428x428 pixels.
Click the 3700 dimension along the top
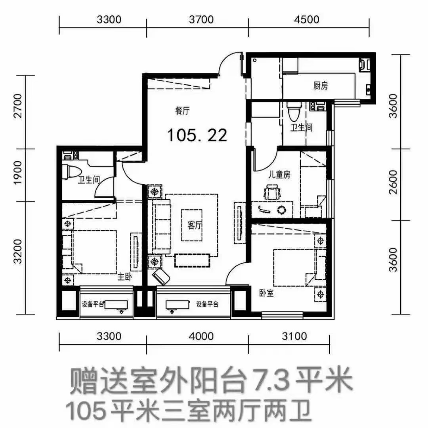tap(201, 20)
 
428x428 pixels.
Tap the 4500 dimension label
tap(307, 20)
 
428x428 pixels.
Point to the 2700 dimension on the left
tap(18, 106)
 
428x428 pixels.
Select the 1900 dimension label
tap(18, 173)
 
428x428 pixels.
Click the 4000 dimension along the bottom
tap(201, 336)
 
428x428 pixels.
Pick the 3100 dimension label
tap(294, 336)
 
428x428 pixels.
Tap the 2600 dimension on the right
tap(394, 182)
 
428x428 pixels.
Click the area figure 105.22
tap(197, 135)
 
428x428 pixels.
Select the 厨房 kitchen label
tap(320, 86)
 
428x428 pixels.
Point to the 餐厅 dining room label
tap(182, 111)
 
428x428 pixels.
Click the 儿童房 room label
tap(279, 174)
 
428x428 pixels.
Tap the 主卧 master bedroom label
tap(124, 277)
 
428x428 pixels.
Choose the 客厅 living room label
tap(195, 226)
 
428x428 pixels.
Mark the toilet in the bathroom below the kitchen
tap(294, 111)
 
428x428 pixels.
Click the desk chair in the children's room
tap(272, 192)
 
